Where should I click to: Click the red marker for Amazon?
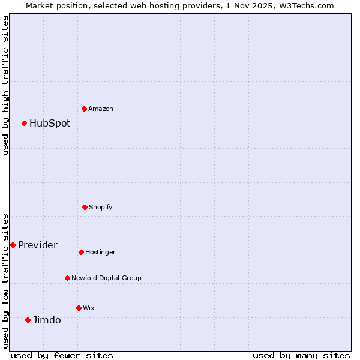84,109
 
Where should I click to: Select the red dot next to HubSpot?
25,123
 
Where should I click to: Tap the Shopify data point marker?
85,207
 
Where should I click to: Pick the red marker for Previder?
13,245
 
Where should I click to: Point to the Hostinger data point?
81,252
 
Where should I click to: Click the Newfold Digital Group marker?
67,278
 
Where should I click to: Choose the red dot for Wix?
79,308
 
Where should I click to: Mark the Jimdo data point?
28,320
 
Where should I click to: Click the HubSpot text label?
50,124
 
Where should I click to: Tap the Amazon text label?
101,109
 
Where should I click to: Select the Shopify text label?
101,208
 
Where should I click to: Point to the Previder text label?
38,245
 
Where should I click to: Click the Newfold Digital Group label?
106,278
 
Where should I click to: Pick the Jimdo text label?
47,320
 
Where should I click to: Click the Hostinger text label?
100,253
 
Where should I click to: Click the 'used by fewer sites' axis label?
62,355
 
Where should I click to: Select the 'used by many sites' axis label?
301,355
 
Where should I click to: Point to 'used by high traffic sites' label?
5,85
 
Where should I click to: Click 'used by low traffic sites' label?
5,281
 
